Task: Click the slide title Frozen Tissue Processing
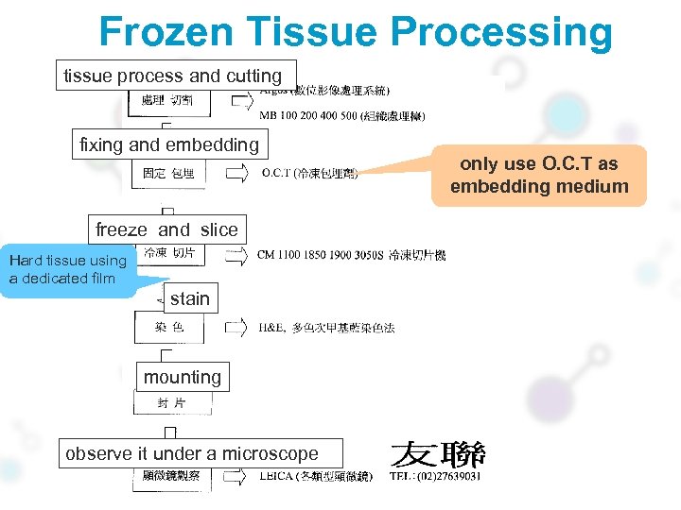point(356,31)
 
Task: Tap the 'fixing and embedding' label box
point(169,144)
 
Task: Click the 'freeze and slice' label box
point(166,229)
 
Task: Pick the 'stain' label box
point(189,298)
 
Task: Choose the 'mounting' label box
point(183,377)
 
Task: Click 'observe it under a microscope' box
point(192,453)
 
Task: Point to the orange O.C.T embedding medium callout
point(539,175)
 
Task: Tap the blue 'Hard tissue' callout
point(68,269)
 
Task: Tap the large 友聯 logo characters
point(438,454)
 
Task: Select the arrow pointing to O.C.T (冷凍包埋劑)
point(236,173)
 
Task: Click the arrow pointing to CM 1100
point(236,255)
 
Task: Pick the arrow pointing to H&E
point(236,328)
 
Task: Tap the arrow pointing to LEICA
point(236,476)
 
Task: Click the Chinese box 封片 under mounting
point(172,403)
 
